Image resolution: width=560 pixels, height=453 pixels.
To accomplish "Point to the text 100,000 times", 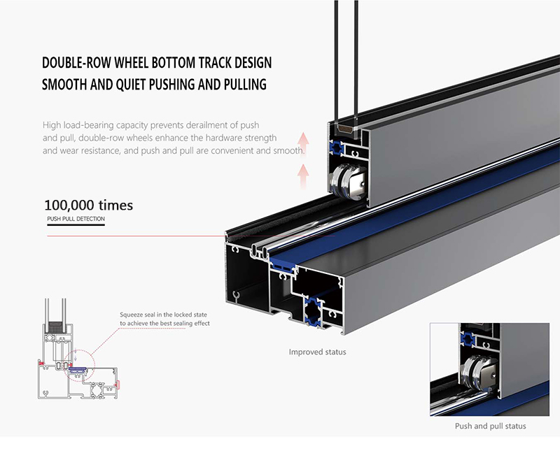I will [88, 206].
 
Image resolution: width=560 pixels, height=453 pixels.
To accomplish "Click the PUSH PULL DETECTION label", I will [76, 220].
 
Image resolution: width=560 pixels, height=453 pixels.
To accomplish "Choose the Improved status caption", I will [317, 352].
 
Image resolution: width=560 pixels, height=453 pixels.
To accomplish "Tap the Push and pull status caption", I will [490, 426].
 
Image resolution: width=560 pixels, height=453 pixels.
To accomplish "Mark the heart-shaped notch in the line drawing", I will [46, 393].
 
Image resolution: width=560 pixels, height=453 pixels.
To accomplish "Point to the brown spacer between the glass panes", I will [344, 129].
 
